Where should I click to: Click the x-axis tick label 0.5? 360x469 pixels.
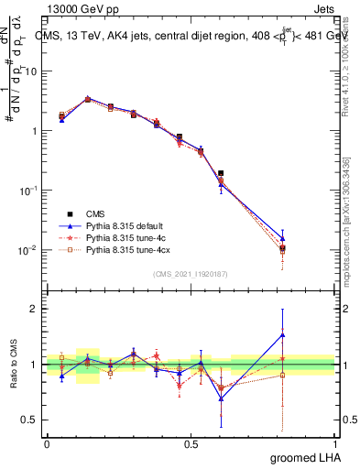[x=191, y=442]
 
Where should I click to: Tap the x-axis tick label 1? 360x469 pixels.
[x=335, y=442]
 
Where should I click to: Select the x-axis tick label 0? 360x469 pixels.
[x=47, y=442]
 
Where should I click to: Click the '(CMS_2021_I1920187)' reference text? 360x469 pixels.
[x=191, y=274]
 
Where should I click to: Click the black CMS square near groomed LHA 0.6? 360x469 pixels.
[x=221, y=172]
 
